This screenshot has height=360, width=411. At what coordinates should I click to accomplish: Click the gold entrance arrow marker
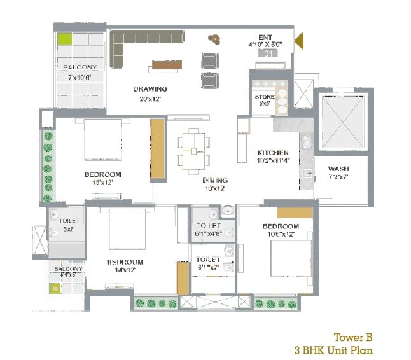point(298,43)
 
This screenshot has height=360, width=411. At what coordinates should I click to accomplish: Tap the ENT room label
point(265,38)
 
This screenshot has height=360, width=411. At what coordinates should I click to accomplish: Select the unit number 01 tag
point(268,53)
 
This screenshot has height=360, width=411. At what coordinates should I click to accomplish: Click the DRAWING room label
point(150,89)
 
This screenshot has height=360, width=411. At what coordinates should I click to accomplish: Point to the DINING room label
point(216,180)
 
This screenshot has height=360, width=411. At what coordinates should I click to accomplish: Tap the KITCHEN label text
point(273,153)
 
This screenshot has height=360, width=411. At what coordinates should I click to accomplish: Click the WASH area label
point(338,169)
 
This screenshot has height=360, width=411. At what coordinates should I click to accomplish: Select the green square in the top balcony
point(65,39)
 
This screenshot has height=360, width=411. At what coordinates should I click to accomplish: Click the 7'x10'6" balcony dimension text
point(80,78)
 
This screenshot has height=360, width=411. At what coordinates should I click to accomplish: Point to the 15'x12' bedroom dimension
point(102,183)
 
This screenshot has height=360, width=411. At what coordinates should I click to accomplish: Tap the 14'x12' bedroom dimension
point(125,270)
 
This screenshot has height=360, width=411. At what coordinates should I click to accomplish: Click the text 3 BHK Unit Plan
point(333,350)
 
